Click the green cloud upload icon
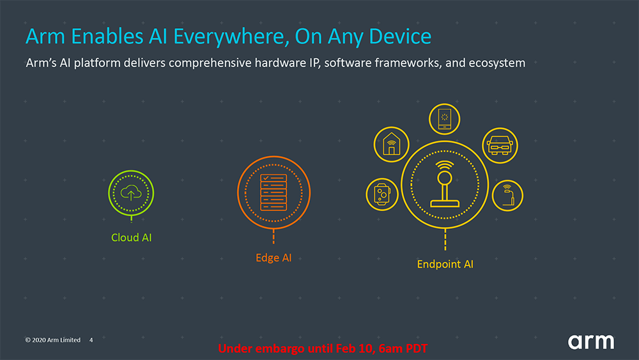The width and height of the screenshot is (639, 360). point(131,192)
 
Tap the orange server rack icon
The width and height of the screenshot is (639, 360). point(273,192)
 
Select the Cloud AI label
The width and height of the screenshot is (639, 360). point(131,238)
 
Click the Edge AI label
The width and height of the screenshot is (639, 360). point(273,258)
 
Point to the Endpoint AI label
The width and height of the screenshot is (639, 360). point(445,264)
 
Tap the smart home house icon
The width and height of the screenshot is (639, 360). point(391,144)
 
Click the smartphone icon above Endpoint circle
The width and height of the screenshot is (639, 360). point(444,119)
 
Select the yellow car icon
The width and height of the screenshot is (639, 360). point(500,146)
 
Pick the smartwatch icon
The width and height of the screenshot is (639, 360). point(382,194)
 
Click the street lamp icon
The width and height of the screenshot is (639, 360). point(508,195)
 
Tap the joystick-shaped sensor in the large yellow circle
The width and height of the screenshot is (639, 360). point(445,184)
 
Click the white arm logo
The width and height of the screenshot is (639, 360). point(591,341)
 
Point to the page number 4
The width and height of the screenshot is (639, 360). point(91,340)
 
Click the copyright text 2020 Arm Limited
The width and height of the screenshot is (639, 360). point(52,340)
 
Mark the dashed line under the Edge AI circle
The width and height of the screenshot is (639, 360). point(273,237)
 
